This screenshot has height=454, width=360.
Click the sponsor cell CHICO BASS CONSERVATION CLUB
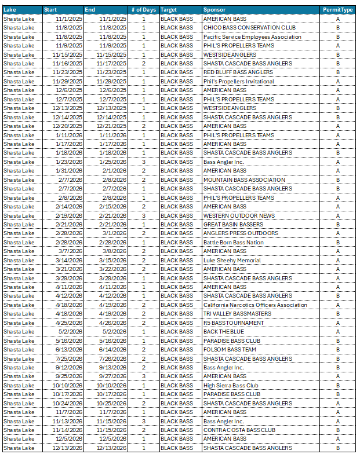249,28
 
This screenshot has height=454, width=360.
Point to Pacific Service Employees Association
252,36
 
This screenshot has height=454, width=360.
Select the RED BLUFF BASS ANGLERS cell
238,72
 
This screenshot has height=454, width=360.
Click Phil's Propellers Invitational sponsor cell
239,82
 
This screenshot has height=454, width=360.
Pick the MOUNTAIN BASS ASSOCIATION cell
244,180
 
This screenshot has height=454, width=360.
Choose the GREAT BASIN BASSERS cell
233,225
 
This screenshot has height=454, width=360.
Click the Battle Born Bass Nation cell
233,242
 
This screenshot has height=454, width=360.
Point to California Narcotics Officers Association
255,305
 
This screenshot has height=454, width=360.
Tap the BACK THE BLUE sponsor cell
223,332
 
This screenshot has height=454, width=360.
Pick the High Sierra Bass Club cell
231,385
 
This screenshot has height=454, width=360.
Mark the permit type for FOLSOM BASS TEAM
337,350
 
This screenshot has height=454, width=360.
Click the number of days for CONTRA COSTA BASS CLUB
144,430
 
